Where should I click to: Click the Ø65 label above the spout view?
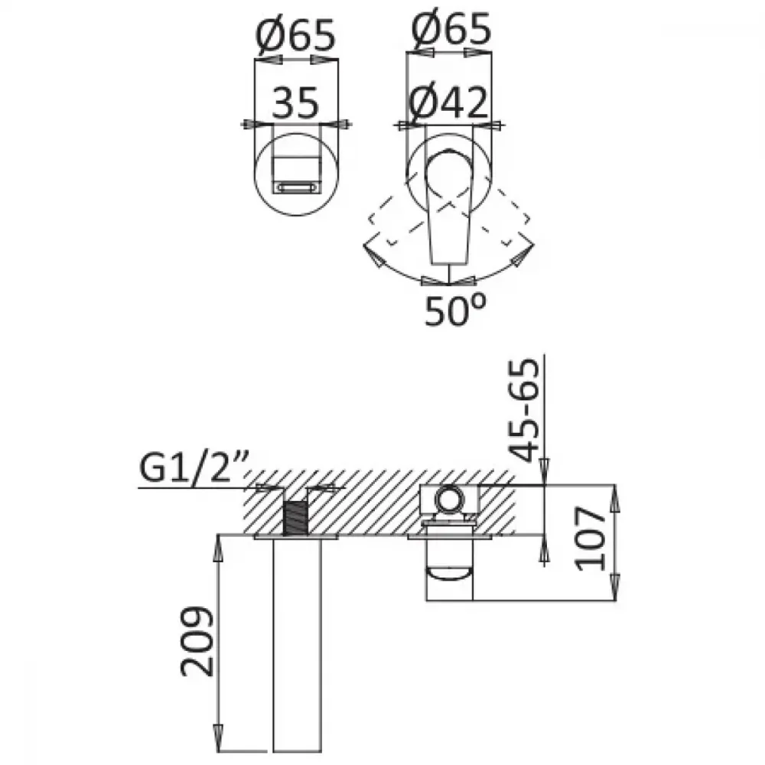coord(295,35)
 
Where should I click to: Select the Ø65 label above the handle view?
coord(451,28)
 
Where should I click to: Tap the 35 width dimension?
coord(295,103)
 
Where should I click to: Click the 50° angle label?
coord(455,309)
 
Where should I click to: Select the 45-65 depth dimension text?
coord(525,410)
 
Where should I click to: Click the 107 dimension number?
coord(590,539)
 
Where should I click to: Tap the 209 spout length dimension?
coord(197,641)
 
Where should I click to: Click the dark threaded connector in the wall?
coord(295,519)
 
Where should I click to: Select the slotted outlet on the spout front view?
coord(297,187)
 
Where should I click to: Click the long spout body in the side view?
coord(297,649)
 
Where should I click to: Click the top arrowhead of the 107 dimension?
coord(615,499)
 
